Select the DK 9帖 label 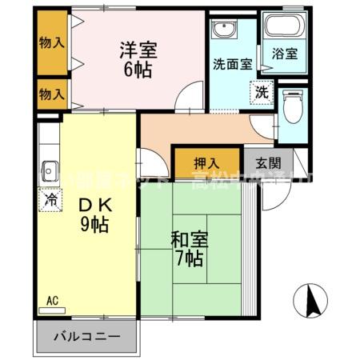tap(94, 214)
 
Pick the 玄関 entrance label tap(268, 162)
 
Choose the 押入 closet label tap(208, 162)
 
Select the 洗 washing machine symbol tap(262, 92)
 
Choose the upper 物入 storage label tap(52, 42)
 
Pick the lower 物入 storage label tap(52, 94)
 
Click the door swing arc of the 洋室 tap(186, 99)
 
